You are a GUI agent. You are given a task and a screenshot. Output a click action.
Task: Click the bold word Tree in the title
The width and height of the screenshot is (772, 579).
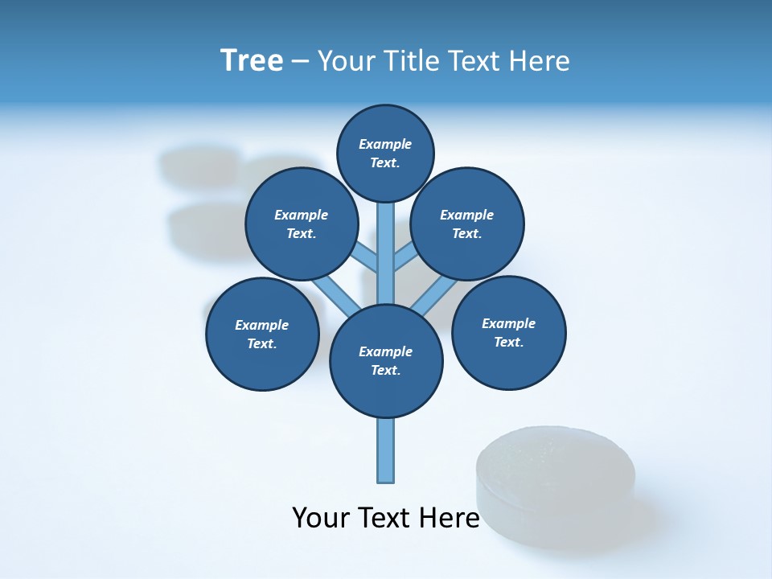(252, 61)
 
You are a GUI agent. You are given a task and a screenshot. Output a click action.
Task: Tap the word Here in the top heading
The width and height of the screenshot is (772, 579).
(540, 61)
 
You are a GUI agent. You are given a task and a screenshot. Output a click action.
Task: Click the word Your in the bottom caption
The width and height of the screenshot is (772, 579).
(322, 518)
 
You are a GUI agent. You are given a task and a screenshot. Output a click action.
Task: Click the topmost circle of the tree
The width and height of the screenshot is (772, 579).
(385, 153)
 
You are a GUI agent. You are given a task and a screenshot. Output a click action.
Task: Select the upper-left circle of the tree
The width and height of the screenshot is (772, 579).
(301, 224)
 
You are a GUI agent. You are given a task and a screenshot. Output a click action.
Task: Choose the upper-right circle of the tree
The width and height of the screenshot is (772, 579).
(467, 224)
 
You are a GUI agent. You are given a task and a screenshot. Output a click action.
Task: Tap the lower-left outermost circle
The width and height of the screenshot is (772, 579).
(262, 334)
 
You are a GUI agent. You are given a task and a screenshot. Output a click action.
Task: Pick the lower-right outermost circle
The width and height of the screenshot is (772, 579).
(508, 332)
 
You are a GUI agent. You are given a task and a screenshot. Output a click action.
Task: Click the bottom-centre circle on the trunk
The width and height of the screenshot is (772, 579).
(386, 361)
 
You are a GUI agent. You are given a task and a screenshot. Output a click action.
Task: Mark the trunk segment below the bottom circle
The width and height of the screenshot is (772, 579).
(386, 450)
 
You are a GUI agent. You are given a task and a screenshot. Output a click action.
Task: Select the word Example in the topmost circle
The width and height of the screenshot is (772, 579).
(385, 144)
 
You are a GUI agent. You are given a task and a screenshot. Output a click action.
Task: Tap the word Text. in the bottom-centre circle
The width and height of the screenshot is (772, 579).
(386, 370)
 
